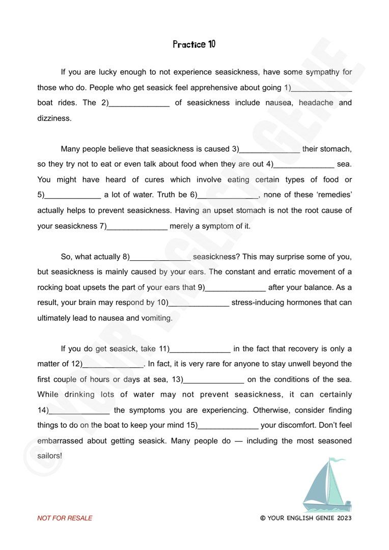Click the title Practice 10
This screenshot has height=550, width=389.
click(194, 44)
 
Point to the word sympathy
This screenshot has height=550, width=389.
click(324, 72)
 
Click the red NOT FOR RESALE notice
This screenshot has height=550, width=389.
click(65, 518)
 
